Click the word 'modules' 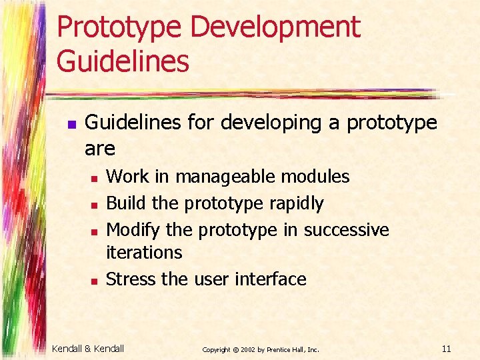tap(315, 177)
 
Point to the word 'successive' tap(346, 230)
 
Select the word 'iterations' tap(144, 253)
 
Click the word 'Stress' tap(131, 279)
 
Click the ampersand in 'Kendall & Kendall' tap(89, 349)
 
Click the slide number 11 tap(447, 349)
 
